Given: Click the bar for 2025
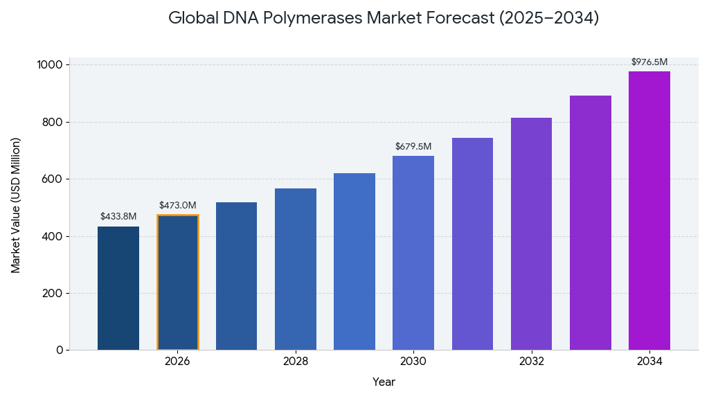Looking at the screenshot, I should point(118,288).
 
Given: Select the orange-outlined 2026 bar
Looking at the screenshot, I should point(177,283).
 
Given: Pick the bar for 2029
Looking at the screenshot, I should point(354,261).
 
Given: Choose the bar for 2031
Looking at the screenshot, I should point(472,244).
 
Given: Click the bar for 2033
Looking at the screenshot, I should point(591,222).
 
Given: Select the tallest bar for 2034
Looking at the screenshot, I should point(649,211).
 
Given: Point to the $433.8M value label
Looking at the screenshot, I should point(118,217).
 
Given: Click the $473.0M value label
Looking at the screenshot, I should point(177,206).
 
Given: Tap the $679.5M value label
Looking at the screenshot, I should point(413,147).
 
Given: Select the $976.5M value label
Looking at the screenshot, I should point(649,62).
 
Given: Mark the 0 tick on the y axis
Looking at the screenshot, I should point(60,351).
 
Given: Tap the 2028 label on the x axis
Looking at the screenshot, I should point(296,362).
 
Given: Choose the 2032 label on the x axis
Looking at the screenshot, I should point(532,362).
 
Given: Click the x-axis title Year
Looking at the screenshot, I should point(384,382).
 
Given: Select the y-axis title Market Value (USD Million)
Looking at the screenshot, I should point(16,205).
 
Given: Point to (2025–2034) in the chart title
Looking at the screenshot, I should point(548,19).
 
